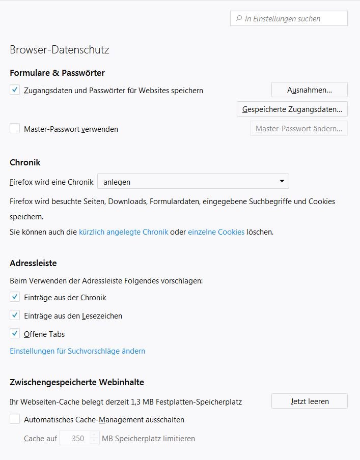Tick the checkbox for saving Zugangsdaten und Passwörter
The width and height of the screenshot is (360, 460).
(x=15, y=90)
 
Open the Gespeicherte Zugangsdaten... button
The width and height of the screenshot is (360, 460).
(x=292, y=109)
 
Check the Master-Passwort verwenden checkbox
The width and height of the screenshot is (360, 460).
(x=15, y=129)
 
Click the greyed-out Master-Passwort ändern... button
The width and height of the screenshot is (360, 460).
(x=299, y=129)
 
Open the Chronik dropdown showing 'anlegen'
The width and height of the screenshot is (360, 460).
(x=193, y=181)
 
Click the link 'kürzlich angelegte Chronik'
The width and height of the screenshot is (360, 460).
(x=123, y=232)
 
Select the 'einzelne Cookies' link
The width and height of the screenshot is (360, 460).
(x=216, y=232)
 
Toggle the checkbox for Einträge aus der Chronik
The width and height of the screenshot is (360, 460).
(x=15, y=297)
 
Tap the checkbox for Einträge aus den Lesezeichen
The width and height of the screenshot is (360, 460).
(x=15, y=315)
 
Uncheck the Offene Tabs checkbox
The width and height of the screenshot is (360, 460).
(x=15, y=334)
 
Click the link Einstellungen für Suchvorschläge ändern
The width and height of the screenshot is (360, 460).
(x=77, y=351)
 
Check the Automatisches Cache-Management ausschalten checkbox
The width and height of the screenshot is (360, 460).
(x=15, y=420)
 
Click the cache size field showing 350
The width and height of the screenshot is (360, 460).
(x=75, y=438)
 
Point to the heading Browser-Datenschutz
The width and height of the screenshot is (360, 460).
(x=60, y=50)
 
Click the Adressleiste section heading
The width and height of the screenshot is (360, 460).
(x=33, y=263)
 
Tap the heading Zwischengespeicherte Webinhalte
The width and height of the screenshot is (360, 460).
(x=77, y=382)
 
